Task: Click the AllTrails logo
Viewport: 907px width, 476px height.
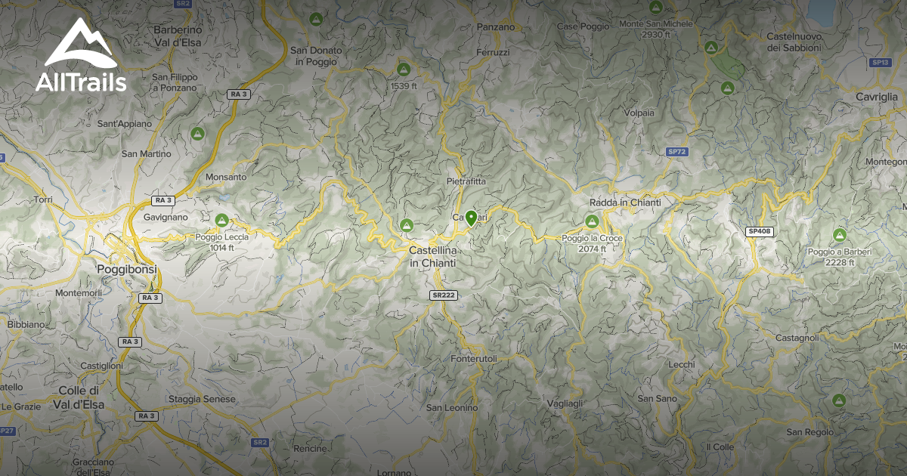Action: click(81, 56)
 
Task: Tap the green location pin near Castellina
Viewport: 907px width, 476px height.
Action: click(471, 218)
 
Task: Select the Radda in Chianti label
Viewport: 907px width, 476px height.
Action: click(625, 202)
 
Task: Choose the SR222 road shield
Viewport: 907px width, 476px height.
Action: click(443, 295)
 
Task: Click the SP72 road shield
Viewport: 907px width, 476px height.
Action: click(677, 152)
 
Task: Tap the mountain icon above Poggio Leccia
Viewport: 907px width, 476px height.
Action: click(221, 221)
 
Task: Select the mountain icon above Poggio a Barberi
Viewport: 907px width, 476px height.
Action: click(839, 235)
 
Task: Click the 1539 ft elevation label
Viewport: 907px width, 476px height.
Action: click(404, 86)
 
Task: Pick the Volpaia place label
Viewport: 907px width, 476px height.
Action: click(639, 113)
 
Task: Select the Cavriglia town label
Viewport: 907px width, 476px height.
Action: click(877, 97)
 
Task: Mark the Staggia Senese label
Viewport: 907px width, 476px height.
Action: click(202, 399)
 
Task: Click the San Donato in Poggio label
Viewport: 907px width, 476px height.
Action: click(316, 56)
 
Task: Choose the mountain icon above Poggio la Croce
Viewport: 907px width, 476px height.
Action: click(592, 221)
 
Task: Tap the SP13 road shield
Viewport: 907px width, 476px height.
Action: click(879, 62)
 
